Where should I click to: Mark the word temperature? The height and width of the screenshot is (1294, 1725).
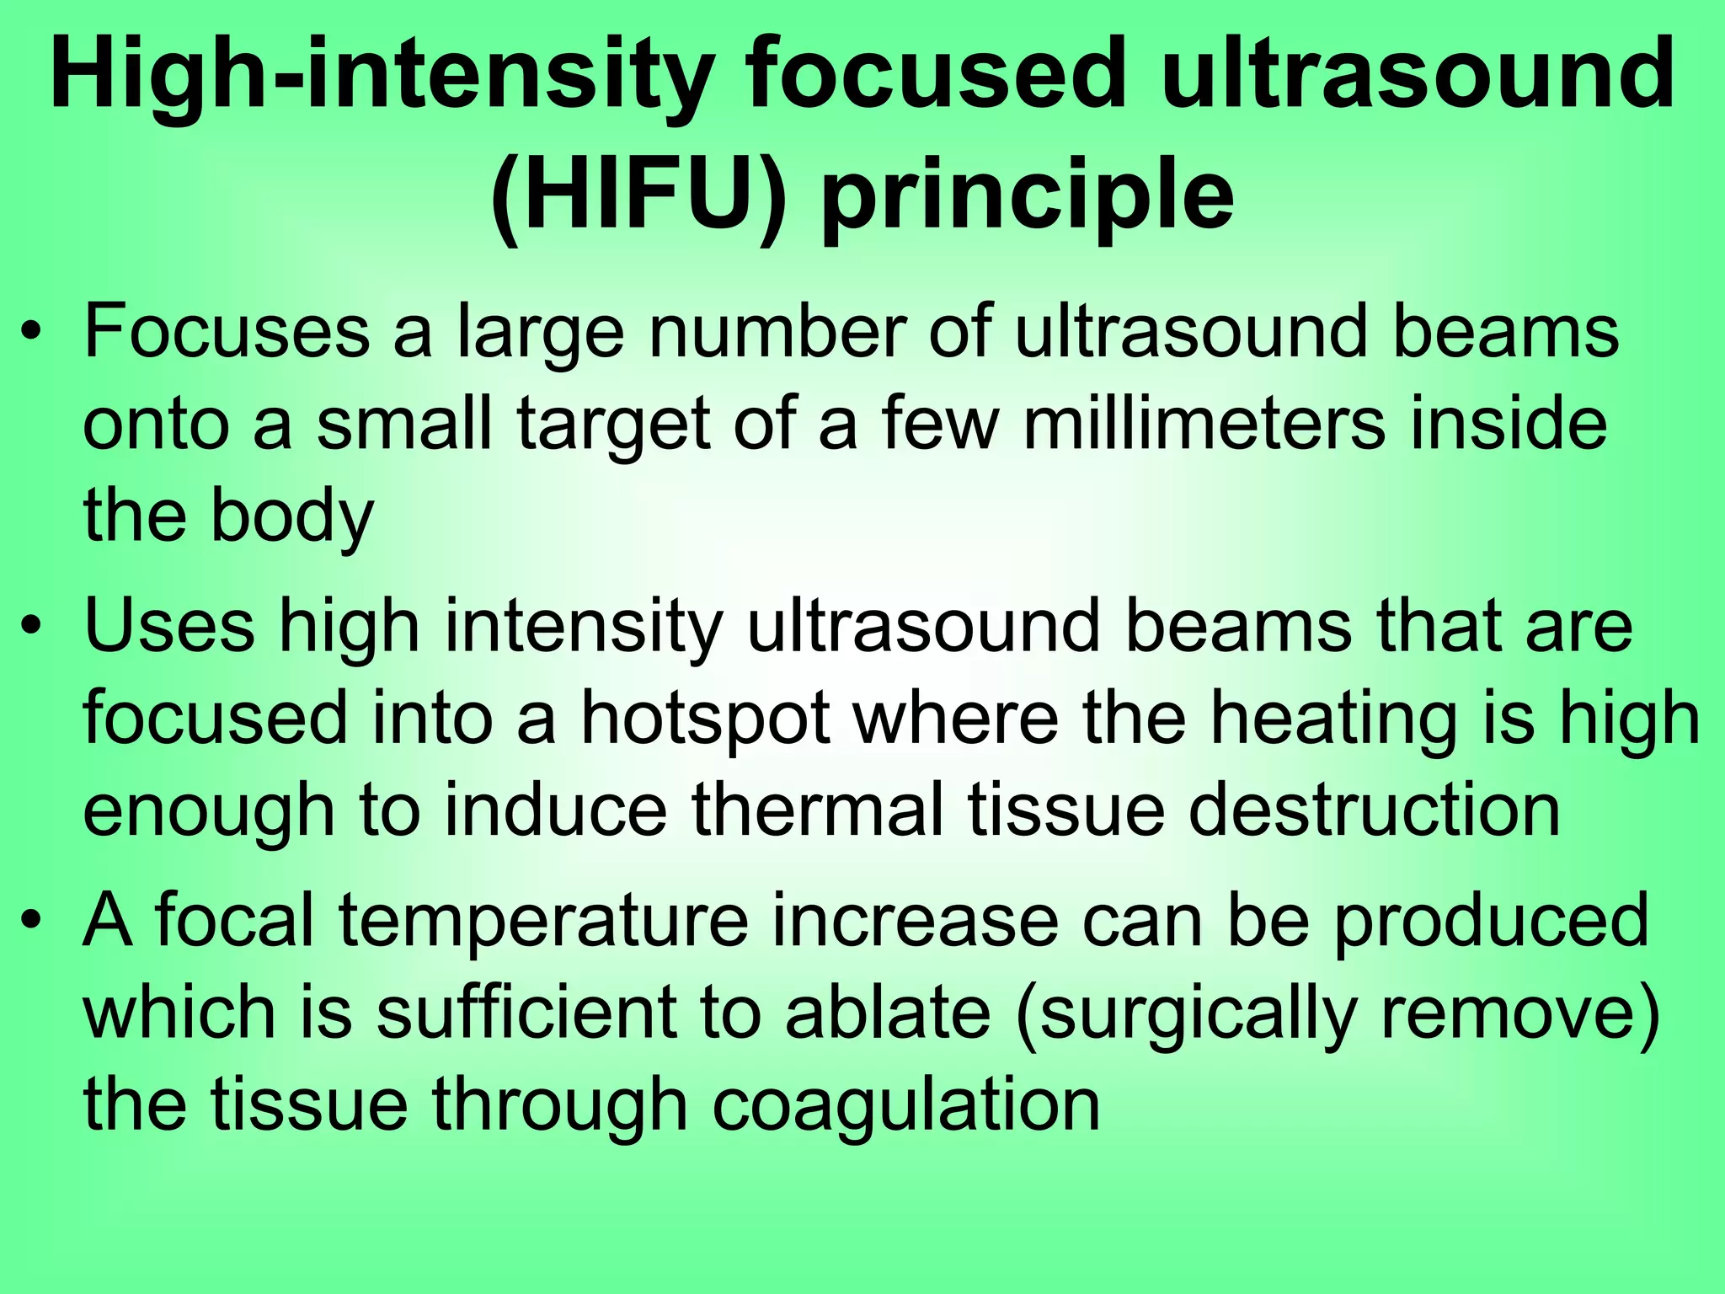point(544,922)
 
